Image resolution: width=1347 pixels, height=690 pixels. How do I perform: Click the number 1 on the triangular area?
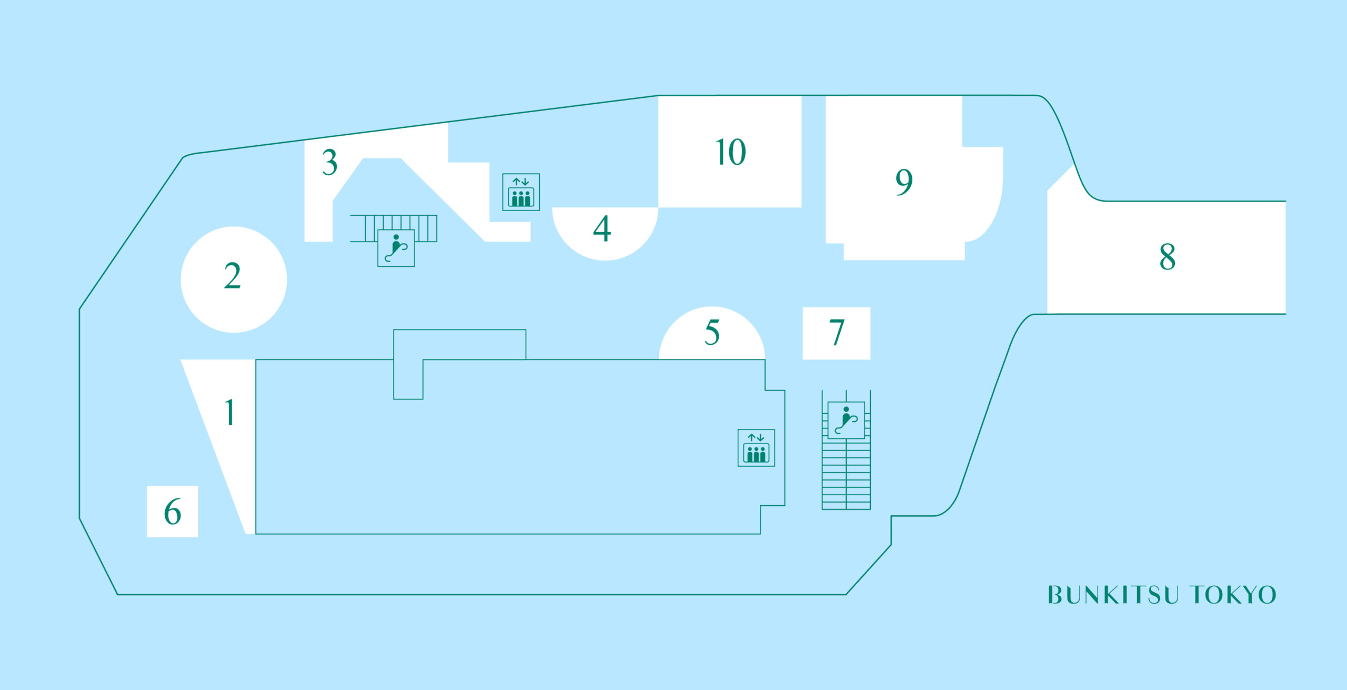click(x=229, y=412)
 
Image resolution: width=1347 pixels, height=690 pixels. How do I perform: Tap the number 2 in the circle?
click(x=233, y=276)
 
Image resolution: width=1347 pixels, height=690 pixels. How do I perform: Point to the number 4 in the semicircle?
click(x=602, y=228)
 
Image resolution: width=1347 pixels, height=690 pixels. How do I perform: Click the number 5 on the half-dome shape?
click(x=712, y=333)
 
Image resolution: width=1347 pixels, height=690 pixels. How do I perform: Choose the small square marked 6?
click(x=173, y=512)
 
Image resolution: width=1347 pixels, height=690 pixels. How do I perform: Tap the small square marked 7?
click(x=837, y=333)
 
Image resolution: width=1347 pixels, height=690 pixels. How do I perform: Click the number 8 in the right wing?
click(x=1168, y=257)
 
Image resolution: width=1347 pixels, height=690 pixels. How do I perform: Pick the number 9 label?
click(x=904, y=182)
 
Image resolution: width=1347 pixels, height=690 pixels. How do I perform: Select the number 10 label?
click(x=731, y=152)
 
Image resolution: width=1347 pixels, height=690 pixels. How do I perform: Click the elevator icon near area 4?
click(x=521, y=192)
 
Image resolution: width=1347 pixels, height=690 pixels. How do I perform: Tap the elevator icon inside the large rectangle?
click(x=756, y=448)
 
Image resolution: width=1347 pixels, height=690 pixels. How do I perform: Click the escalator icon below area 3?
click(x=396, y=248)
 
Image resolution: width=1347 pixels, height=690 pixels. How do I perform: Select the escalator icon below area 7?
click(x=846, y=420)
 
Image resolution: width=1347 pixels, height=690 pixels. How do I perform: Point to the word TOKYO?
click(x=1234, y=595)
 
